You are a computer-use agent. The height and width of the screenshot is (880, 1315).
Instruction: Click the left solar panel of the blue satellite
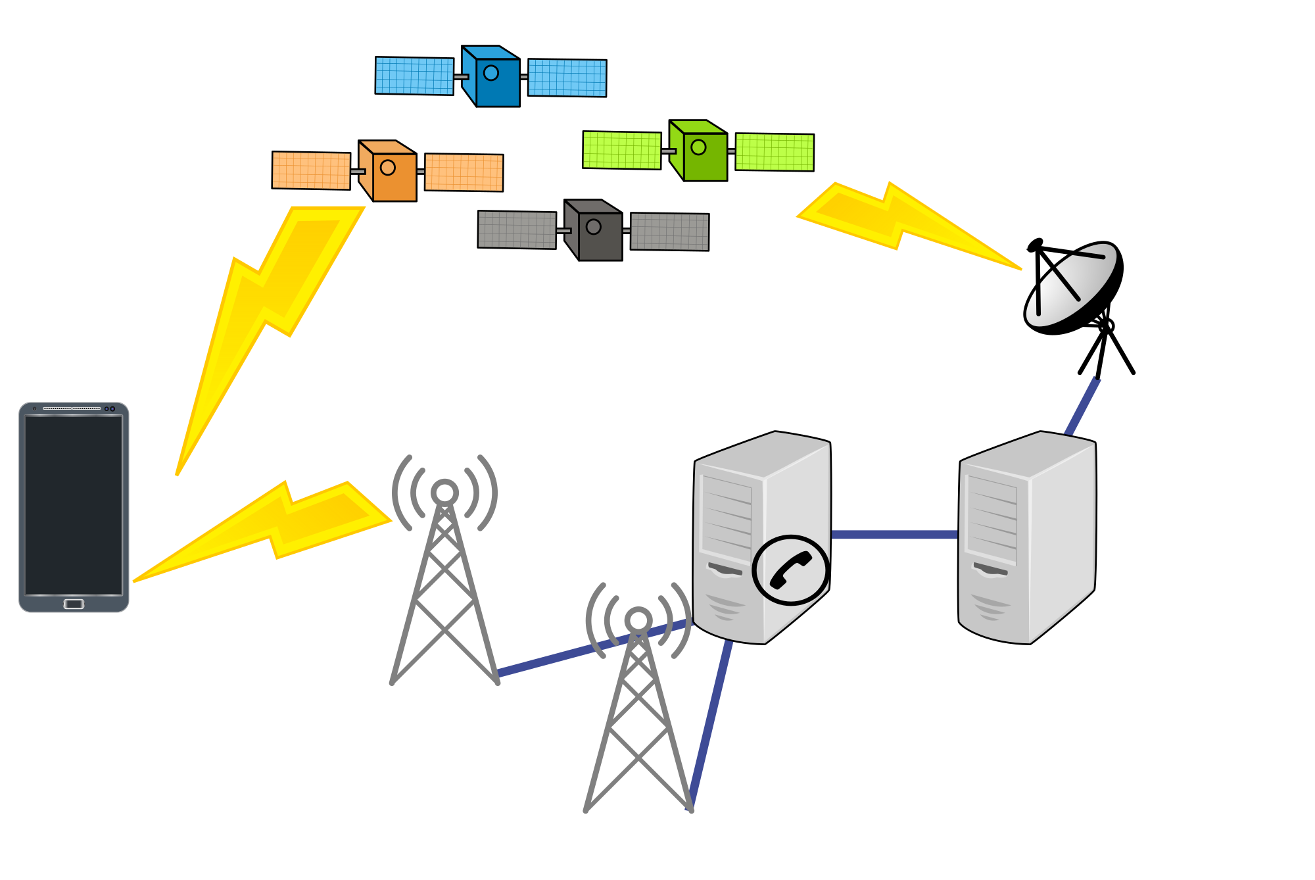414,76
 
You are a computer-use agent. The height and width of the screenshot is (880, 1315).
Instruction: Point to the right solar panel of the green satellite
775,152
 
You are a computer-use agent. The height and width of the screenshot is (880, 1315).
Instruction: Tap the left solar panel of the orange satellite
311,170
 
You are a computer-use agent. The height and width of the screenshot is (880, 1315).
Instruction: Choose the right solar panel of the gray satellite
669,232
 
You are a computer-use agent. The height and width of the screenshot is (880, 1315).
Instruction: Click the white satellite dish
1072,285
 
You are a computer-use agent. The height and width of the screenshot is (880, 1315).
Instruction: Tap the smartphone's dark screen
74,505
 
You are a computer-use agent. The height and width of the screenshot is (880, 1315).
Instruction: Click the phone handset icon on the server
790,570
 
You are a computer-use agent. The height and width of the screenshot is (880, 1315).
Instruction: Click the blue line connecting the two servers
894,535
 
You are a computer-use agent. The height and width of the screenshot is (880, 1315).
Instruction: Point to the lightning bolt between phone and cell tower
276,526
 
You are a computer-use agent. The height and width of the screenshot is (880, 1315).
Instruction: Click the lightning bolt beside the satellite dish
901,220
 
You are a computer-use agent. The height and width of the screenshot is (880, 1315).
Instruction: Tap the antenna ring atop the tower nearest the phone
444,492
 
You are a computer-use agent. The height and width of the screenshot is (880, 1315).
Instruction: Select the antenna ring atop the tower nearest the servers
638,620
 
